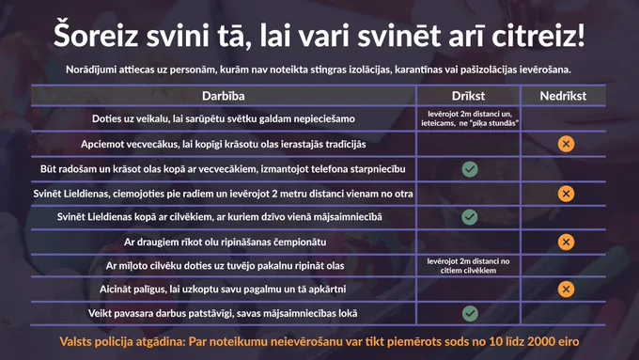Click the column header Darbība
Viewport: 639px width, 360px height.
click(x=224, y=96)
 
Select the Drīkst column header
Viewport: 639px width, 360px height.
click(x=468, y=96)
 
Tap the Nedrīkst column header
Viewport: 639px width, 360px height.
click(x=563, y=96)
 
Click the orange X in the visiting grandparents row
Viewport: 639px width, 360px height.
click(x=566, y=144)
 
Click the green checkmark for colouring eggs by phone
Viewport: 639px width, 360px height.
click(x=470, y=169)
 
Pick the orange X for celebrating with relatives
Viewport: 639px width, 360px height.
click(x=566, y=194)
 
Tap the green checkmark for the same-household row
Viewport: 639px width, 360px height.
click(x=470, y=217)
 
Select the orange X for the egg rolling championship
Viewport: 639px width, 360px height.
click(x=566, y=242)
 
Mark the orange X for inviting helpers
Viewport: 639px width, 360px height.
click(x=566, y=290)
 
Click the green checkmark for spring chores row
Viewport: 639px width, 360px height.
click(x=470, y=314)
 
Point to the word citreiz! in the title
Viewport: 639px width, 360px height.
click(x=538, y=36)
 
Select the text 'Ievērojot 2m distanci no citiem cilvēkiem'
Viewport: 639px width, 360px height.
click(x=468, y=266)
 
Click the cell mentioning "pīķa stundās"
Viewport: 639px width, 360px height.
click(x=470, y=118)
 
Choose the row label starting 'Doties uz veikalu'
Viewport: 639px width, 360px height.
click(x=224, y=118)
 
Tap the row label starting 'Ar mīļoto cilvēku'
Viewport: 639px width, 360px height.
click(x=225, y=266)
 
